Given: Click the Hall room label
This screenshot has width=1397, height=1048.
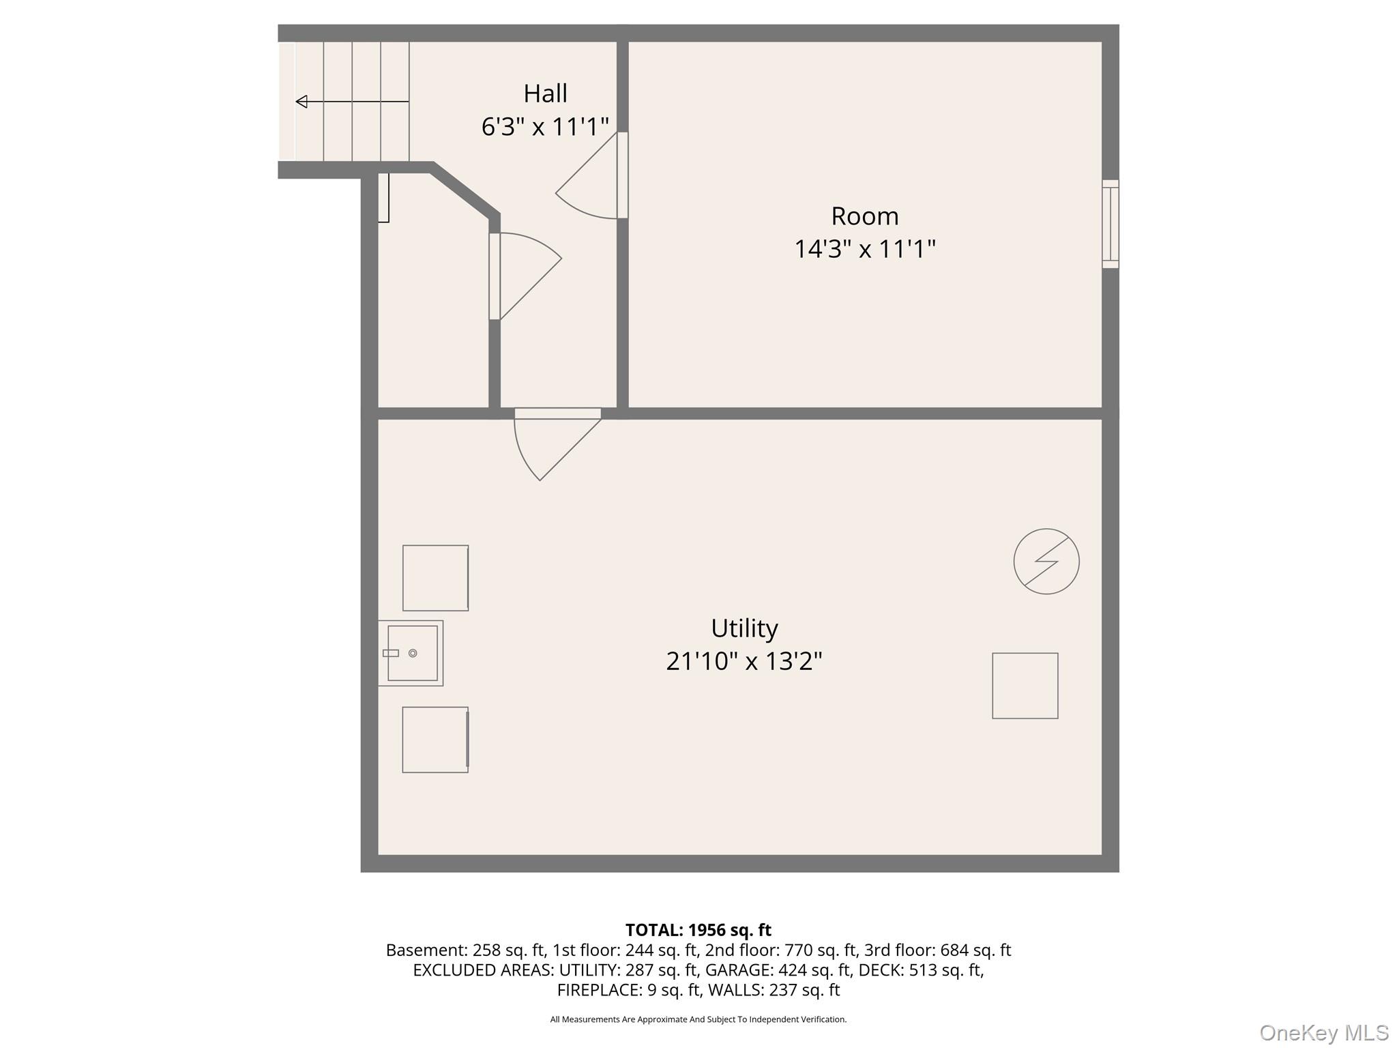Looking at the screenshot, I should pos(545,93).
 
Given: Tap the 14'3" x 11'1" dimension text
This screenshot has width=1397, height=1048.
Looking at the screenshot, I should pos(864,249).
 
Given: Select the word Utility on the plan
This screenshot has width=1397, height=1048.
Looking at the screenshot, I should pos(744,628).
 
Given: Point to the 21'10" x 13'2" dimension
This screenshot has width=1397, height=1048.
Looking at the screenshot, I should pos(744,661).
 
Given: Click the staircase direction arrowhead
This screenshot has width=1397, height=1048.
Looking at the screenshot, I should pos(302,102).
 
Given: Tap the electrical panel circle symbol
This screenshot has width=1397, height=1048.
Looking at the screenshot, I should pos(1046,562).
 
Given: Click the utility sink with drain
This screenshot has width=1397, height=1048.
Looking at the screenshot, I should pos(411,653).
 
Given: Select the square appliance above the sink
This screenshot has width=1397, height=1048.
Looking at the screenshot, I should pos(435,578).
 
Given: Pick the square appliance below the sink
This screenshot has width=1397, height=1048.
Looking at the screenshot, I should pos(435,740).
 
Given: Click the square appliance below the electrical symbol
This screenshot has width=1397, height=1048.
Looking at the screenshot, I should pos(1025,686).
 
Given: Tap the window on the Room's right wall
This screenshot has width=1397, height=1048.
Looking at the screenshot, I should pos(1111,224).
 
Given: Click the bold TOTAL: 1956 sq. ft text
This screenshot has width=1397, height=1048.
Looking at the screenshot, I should pos(698,930).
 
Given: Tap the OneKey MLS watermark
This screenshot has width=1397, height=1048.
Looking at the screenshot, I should pos(1323,1032).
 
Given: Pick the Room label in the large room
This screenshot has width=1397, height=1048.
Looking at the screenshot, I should pos(864,216).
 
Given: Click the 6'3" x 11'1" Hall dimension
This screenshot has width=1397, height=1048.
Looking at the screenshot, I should pos(545,127).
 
